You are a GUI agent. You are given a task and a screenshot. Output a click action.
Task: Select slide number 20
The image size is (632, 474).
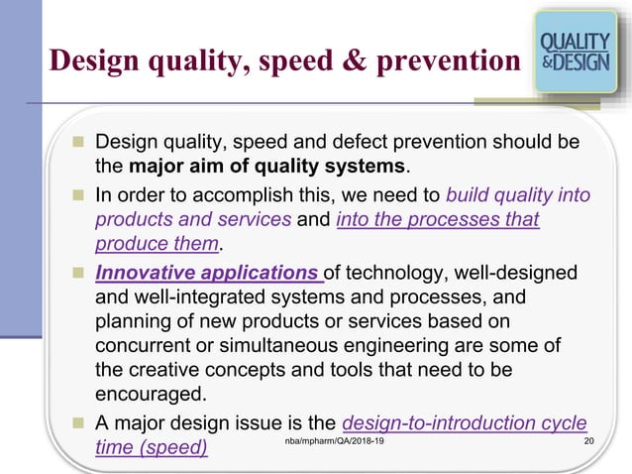pyautogui.click(x=590, y=439)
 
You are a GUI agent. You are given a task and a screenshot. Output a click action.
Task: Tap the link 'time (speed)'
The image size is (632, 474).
pyautogui.click(x=151, y=447)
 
